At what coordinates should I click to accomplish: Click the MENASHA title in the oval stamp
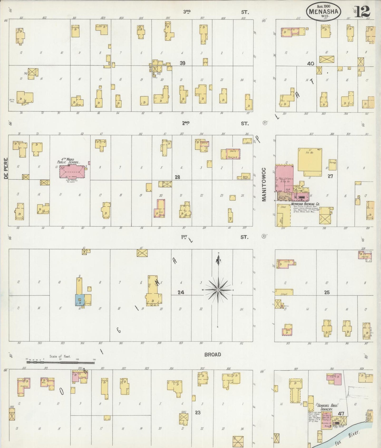(x=324, y=11)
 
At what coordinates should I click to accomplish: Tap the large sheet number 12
(x=363, y=11)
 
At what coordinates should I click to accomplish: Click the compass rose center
(x=218, y=290)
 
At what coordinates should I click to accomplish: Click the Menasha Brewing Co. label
(x=306, y=204)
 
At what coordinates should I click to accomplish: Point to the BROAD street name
(x=213, y=355)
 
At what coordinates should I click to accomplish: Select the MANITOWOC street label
(x=264, y=185)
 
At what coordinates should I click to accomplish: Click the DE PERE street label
(x=6, y=168)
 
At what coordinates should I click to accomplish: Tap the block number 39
(x=182, y=63)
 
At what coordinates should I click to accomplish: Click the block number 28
(x=177, y=177)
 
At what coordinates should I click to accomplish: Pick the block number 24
(x=181, y=292)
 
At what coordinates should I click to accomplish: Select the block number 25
(x=327, y=292)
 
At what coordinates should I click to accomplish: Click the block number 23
(x=197, y=412)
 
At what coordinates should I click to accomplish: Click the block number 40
(x=311, y=63)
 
